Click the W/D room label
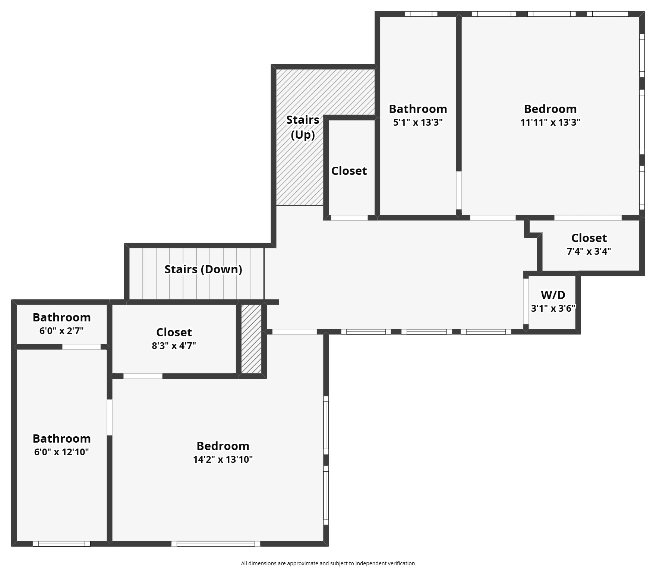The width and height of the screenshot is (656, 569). (x=553, y=295)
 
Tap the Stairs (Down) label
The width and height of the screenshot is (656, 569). (x=203, y=269)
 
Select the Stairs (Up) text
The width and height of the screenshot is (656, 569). (x=303, y=127)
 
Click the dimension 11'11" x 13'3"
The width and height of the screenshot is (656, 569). (x=550, y=122)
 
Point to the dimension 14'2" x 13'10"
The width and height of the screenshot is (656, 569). (x=223, y=459)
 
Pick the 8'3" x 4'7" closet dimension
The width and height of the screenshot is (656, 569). (x=174, y=346)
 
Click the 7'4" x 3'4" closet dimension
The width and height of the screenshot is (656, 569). (x=589, y=251)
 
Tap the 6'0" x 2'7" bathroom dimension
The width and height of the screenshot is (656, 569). (x=61, y=331)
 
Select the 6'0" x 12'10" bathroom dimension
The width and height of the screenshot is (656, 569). (x=61, y=452)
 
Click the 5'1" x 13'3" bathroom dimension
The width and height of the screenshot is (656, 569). (x=418, y=122)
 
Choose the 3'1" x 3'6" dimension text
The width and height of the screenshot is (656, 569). (x=553, y=308)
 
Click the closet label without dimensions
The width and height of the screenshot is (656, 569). (x=349, y=171)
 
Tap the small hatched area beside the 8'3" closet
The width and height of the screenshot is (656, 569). (x=251, y=339)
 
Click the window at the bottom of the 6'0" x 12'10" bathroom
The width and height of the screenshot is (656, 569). (x=61, y=544)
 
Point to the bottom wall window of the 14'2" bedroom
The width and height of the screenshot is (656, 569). (x=215, y=544)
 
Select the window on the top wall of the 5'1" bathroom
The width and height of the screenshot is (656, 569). (x=421, y=14)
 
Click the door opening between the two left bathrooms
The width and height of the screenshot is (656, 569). (x=81, y=347)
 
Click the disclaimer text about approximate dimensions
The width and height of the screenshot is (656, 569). (x=328, y=563)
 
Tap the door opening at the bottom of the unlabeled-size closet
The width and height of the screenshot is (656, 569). (x=349, y=218)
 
